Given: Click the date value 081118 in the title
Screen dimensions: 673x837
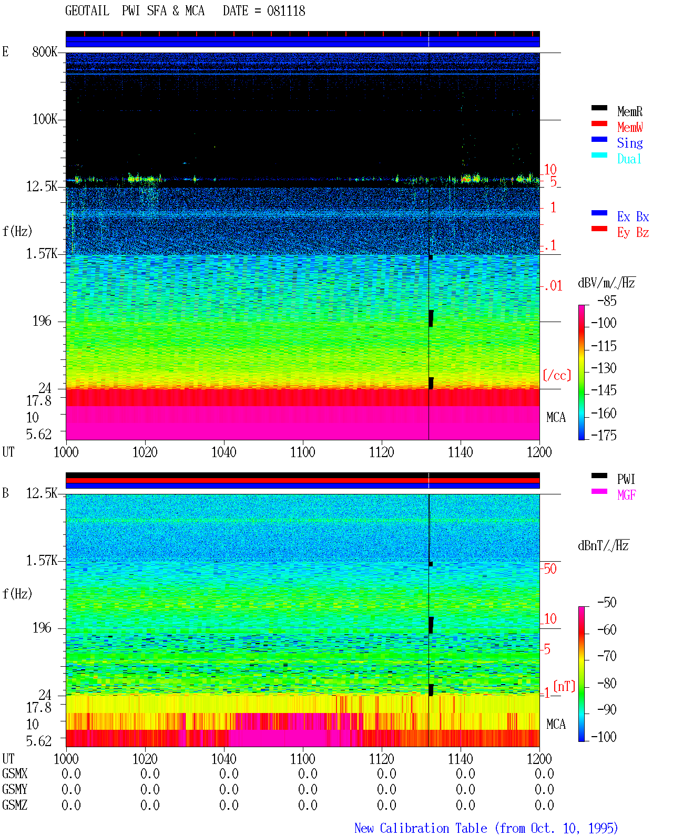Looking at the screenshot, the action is click(286, 11).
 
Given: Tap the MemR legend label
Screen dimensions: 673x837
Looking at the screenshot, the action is click(630, 111).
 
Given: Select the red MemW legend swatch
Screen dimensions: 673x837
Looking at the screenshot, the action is click(599, 123).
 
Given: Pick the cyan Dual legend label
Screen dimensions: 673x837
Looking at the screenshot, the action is click(629, 159).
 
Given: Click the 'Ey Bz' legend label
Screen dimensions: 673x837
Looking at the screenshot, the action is click(633, 233).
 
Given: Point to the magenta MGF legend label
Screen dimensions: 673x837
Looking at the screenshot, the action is click(626, 495).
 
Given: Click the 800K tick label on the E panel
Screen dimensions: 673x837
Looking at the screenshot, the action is click(45, 51).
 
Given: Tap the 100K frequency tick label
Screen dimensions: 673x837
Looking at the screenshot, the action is click(45, 119).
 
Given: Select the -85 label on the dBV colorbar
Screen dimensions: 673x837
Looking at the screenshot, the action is click(607, 301).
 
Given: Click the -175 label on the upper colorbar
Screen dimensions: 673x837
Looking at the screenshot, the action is click(604, 435).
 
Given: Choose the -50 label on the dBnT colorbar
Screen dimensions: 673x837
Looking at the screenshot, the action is click(607, 603).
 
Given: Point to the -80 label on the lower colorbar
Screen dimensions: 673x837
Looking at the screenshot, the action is click(607, 684).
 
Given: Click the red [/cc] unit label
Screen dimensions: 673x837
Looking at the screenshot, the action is click(557, 376).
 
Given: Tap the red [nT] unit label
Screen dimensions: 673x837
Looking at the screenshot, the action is click(564, 686).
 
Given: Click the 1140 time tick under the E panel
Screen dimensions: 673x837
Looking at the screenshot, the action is click(461, 452).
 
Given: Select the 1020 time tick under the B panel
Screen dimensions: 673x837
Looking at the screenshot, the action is click(145, 759).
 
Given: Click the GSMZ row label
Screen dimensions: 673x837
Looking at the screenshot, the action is click(15, 805).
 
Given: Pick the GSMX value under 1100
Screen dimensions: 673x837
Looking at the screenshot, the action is click(308, 773).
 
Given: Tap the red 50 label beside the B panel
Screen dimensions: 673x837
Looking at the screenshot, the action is click(550, 569).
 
